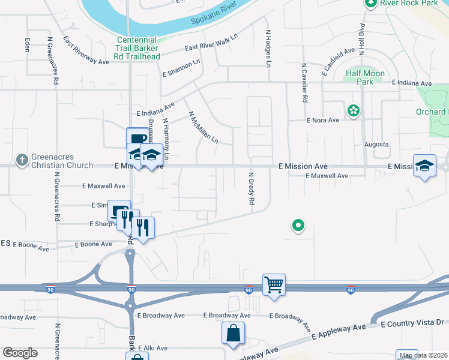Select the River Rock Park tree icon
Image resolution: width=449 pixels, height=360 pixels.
click(x=370, y=3)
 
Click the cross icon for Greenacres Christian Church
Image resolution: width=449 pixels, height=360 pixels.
click(x=22, y=159)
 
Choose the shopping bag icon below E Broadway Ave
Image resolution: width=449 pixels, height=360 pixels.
click(x=233, y=332)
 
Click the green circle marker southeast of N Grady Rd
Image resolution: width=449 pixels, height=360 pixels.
click(x=298, y=226)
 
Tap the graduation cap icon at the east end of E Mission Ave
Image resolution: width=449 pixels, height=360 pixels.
click(x=424, y=165)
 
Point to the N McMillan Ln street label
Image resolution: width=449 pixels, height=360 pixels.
click(x=203, y=127)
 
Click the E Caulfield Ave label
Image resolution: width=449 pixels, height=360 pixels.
click(x=339, y=62)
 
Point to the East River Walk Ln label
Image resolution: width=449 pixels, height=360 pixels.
click(x=212, y=48)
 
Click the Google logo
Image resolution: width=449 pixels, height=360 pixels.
click(x=20, y=352)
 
